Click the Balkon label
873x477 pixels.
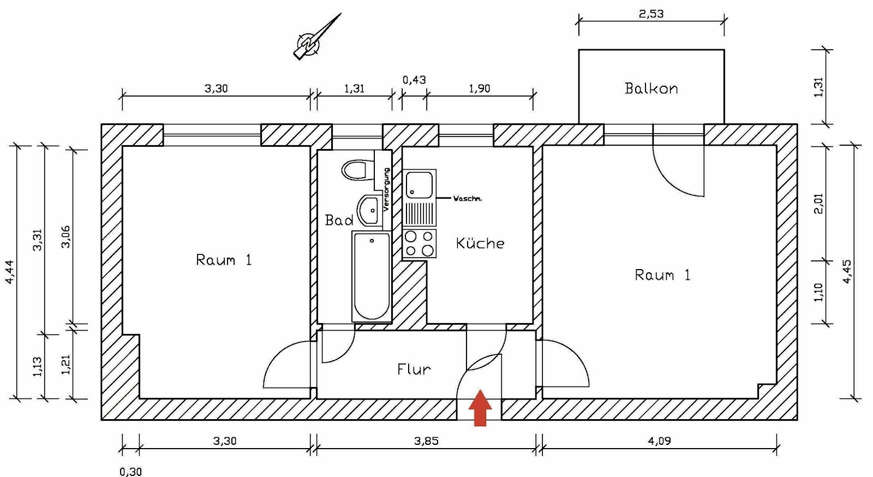tap(651, 88)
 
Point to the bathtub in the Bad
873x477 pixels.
tap(372, 276)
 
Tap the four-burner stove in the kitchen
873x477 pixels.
tap(419, 243)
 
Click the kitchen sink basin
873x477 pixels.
tap(419, 184)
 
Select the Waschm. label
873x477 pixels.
tap(468, 199)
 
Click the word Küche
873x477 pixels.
tap(480, 243)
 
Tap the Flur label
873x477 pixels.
tap(414, 369)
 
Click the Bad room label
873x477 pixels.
tap(339, 220)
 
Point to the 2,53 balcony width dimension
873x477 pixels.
tap(651, 14)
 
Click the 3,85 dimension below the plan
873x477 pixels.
tap(426, 441)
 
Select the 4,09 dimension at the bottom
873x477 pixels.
tap(659, 441)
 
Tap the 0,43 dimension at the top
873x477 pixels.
tap(414, 80)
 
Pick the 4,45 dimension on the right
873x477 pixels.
tap(847, 271)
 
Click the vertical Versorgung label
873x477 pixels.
tap(386, 189)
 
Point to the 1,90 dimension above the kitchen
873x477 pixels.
tap(480, 88)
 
